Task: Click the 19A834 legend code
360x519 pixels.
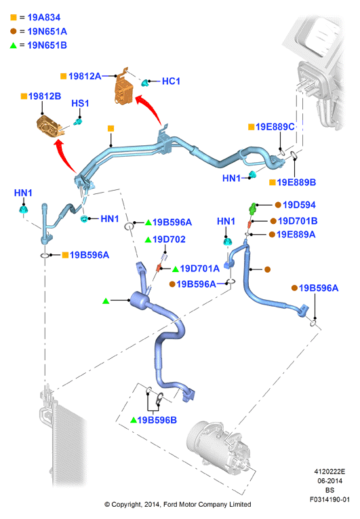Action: click(44, 17)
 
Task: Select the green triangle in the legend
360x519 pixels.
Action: click(14, 45)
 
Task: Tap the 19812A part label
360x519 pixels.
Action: click(85, 76)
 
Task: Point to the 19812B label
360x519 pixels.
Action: click(45, 96)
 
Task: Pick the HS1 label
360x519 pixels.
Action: click(80, 103)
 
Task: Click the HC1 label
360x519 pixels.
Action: click(171, 81)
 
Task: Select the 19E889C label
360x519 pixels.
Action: click(275, 127)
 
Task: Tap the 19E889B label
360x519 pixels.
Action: click(296, 182)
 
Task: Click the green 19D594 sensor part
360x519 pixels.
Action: click(253, 209)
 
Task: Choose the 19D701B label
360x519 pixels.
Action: click(298, 220)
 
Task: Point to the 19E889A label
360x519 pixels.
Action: click(296, 234)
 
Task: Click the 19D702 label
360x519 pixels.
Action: click(169, 239)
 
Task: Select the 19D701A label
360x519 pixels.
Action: click(200, 269)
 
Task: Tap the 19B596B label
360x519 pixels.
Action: click(157, 420)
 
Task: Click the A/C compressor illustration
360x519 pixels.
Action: click(218, 448)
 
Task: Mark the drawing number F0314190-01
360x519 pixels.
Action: click(329, 499)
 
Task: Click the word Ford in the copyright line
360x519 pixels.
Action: click(170, 505)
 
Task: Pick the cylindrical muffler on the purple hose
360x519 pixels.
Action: click(140, 301)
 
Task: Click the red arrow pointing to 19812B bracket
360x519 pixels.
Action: click(66, 155)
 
